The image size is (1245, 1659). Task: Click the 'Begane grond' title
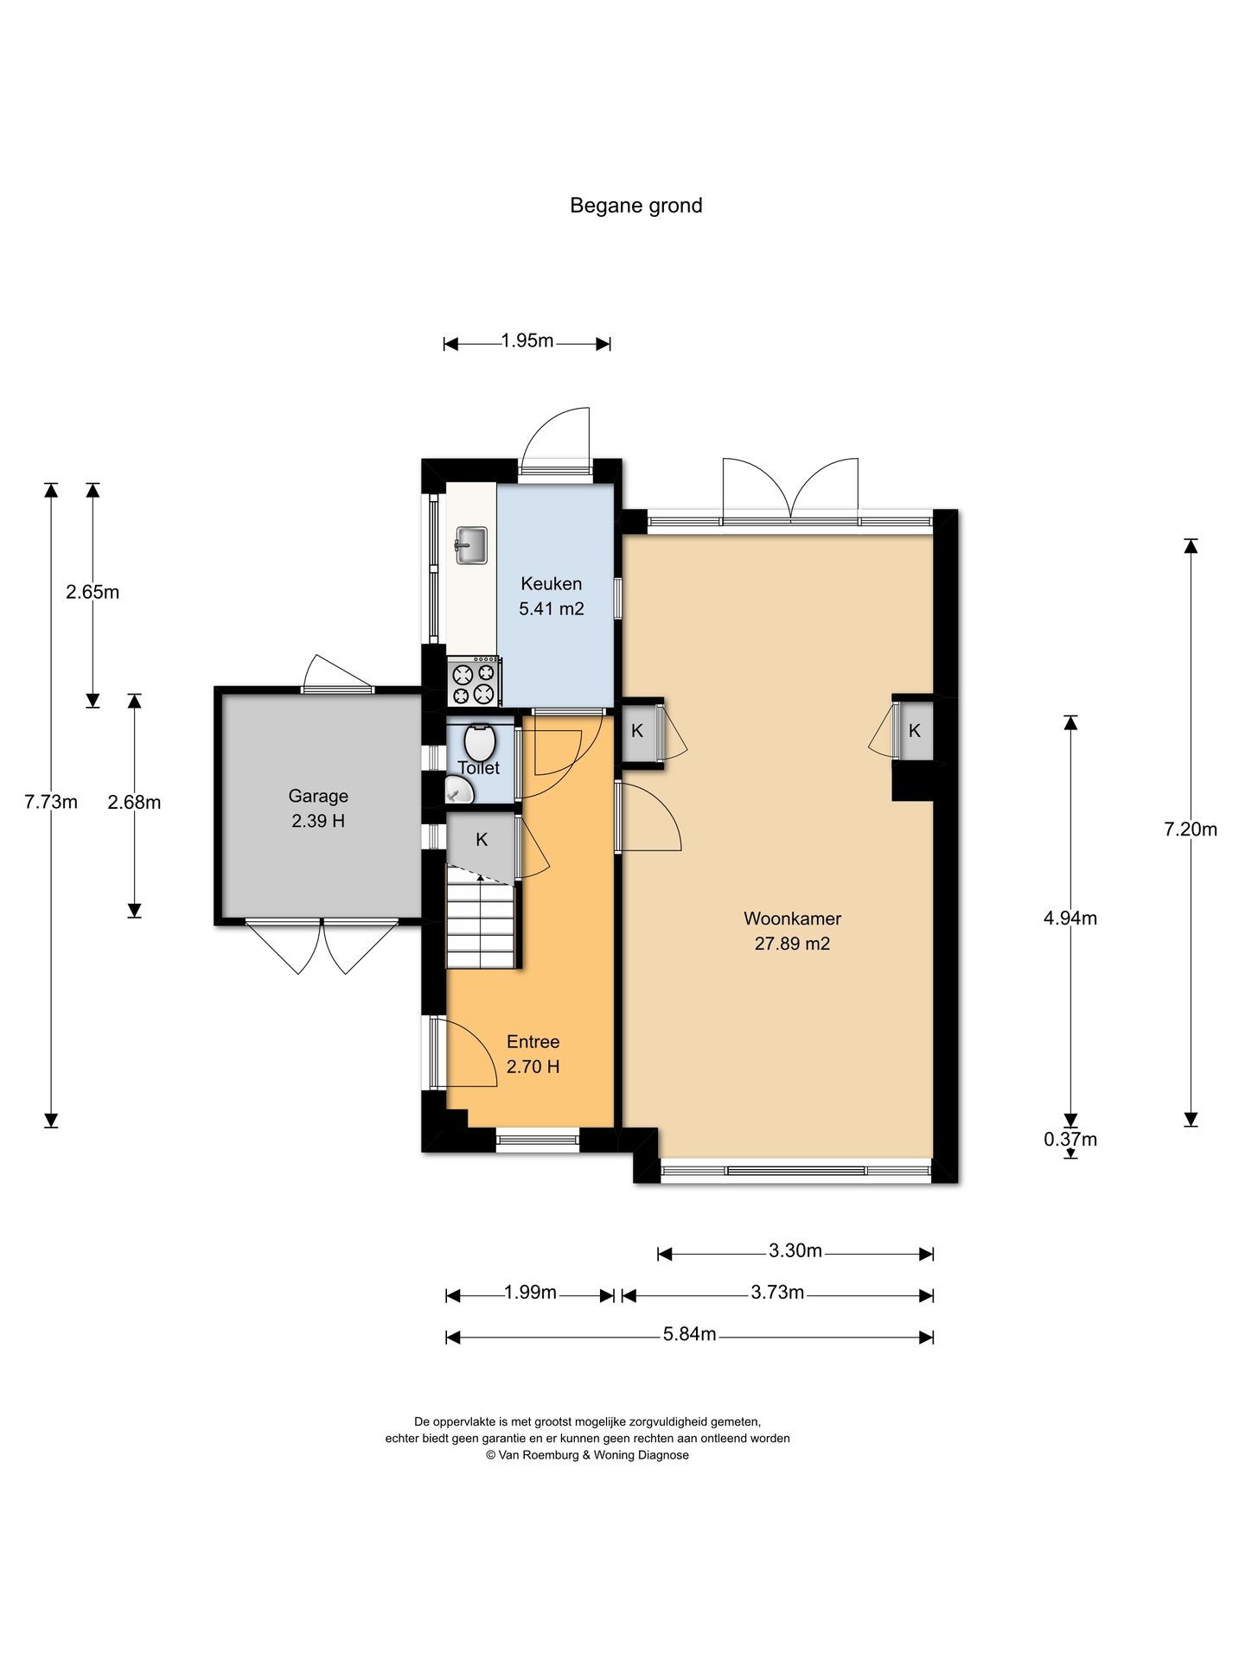point(635,206)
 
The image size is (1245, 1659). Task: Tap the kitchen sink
point(471,545)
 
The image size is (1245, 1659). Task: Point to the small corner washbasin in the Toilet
point(459,790)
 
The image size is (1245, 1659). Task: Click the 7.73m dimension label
point(51,802)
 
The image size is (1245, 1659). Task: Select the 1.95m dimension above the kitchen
point(527,340)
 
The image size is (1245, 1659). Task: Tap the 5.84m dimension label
point(690,1334)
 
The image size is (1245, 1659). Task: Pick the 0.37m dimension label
point(1070,1139)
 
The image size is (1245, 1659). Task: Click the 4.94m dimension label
point(1070,918)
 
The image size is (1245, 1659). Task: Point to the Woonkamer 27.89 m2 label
point(792,931)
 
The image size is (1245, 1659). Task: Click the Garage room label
point(318,796)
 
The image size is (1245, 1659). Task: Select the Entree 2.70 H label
point(533,1054)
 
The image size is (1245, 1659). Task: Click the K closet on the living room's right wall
point(915,731)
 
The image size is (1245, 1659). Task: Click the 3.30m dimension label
point(795,1250)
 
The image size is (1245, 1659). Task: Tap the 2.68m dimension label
point(134,803)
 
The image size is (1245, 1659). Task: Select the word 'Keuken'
point(551,584)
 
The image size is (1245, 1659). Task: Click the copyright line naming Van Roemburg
point(587,1455)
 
